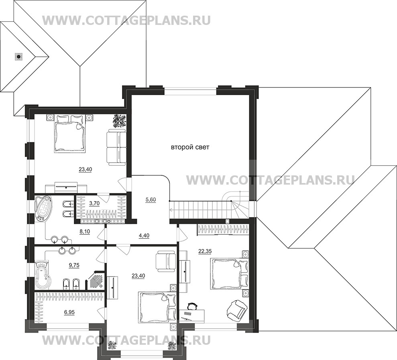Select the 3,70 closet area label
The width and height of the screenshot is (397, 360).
point(94,203)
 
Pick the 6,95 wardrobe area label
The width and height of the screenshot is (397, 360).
point(69,311)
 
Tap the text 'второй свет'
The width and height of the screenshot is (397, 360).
point(190,148)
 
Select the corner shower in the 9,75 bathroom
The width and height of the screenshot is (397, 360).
point(96,280)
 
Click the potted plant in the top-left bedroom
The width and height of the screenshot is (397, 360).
point(119,120)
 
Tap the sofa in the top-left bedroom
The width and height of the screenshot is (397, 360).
point(116,146)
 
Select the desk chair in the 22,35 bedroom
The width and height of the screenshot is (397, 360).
point(192,307)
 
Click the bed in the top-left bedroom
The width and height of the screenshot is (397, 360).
point(71,134)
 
